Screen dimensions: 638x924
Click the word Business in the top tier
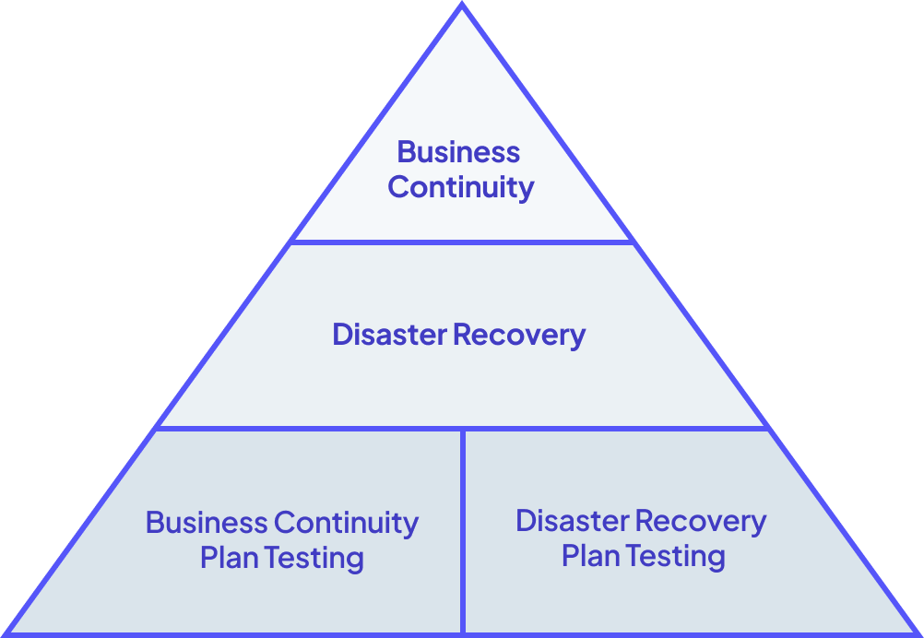click(458, 151)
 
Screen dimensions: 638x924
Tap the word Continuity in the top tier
click(460, 186)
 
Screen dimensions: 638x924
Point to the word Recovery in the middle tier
click(520, 335)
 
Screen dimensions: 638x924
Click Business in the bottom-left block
click(206, 523)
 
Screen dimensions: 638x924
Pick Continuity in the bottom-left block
click(346, 523)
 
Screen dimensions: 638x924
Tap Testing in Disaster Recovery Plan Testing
click(677, 557)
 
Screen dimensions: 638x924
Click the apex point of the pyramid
click(462, 5)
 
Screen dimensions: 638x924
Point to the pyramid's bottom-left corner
click(6, 633)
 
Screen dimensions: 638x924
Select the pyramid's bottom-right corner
click(918, 633)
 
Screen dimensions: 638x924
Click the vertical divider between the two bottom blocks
click(463, 530)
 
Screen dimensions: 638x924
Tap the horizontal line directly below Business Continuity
click(462, 242)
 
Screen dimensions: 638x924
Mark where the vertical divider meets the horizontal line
click(463, 429)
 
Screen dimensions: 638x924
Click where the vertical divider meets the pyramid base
click(463, 633)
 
